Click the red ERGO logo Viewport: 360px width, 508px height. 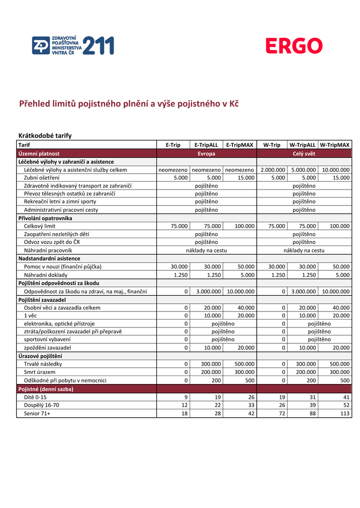[293, 47]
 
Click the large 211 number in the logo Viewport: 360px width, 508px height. [98, 46]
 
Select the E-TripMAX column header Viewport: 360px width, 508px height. [239, 145]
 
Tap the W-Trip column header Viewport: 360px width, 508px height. [272, 145]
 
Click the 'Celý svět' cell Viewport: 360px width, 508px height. [303, 154]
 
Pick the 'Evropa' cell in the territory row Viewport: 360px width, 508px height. [206, 154]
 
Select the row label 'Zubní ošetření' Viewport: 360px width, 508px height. [42, 178]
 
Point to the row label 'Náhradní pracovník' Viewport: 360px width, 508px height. [48, 251]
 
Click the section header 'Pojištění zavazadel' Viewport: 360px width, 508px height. [42, 300]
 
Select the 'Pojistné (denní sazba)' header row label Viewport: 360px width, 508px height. [46, 389]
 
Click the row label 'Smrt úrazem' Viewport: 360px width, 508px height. [40, 372]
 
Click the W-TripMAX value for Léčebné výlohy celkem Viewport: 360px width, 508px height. [336, 170]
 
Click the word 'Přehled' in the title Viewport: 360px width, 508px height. [36, 104]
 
